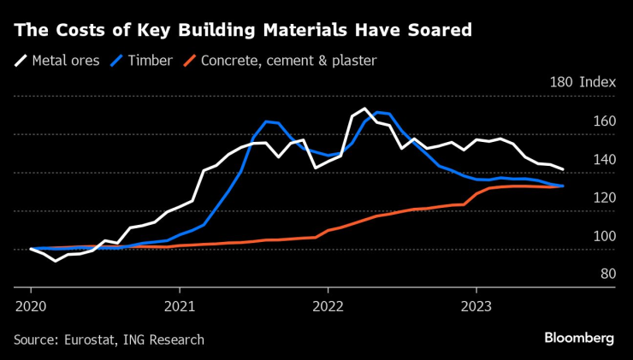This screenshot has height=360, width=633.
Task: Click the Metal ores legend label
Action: point(66,61)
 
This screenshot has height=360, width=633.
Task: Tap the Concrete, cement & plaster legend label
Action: point(288,61)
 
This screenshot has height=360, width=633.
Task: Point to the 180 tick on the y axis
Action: point(562,83)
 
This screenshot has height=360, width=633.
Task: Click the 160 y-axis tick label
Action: point(604,122)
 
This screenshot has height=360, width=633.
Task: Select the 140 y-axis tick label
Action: point(604,160)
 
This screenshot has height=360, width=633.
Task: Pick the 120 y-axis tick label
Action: point(604,198)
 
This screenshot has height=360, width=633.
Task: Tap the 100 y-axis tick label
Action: point(604,237)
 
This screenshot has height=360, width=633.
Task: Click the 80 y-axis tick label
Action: point(607,274)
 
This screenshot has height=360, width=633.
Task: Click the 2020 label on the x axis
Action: point(31,305)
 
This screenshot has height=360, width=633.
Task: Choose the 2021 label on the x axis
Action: point(180,305)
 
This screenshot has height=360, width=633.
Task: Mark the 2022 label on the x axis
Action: point(328,305)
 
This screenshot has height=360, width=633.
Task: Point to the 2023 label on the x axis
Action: point(476,305)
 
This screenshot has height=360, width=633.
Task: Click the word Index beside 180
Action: point(597,83)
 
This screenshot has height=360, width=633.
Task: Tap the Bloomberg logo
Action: point(579,339)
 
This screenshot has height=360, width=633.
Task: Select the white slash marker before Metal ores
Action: point(21,61)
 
